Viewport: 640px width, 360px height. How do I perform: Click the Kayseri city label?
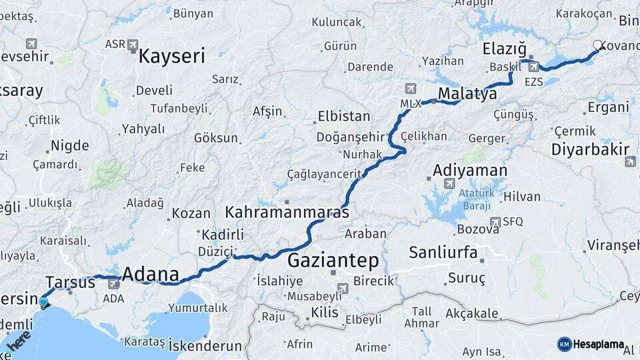click(x=171, y=56)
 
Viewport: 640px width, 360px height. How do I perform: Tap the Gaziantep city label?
click(x=333, y=260)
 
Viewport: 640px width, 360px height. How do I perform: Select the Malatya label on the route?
click(x=467, y=94)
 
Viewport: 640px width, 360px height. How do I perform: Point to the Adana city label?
click(x=151, y=274)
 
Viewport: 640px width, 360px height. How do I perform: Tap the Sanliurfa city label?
click(x=443, y=253)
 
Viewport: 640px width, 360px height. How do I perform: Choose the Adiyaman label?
click(x=470, y=171)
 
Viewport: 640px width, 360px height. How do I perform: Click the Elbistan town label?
click(x=344, y=116)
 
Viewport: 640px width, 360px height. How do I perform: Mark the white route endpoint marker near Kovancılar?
click(x=597, y=46)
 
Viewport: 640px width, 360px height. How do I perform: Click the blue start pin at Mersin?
click(x=43, y=303)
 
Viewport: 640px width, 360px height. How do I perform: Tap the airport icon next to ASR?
click(x=133, y=45)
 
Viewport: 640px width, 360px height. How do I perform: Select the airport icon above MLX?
click(x=409, y=89)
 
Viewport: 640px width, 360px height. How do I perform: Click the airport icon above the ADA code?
click(x=113, y=284)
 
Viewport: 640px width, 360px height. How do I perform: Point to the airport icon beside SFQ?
click(x=495, y=221)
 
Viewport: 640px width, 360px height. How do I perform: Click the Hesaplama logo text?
click(x=597, y=345)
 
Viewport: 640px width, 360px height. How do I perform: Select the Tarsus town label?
click(x=71, y=282)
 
